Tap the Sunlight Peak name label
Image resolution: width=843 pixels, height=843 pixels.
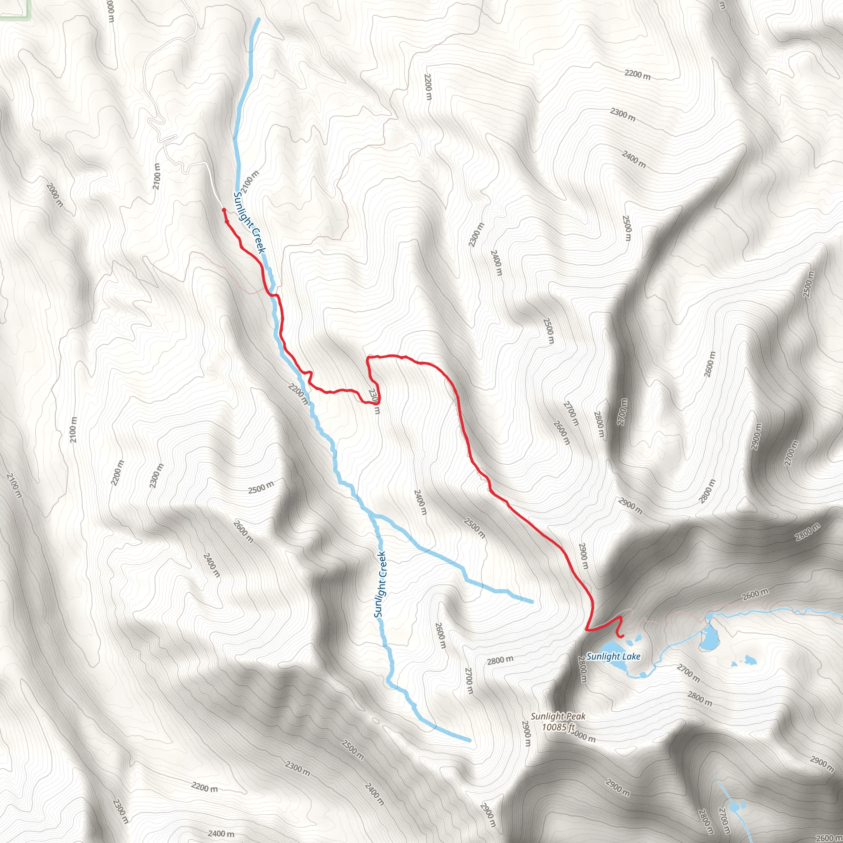click(558, 716)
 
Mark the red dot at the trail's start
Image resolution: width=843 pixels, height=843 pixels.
click(224, 210)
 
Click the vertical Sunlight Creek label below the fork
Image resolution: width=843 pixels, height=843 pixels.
click(380, 585)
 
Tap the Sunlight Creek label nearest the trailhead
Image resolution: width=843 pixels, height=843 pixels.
click(249, 223)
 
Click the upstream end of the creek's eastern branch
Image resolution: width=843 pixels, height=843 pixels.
click(532, 602)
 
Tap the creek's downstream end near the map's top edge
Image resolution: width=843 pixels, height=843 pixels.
click(259, 19)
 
